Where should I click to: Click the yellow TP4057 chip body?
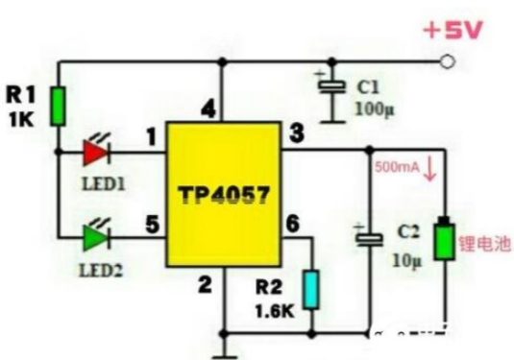[x=224, y=194]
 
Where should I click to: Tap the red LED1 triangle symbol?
[x=96, y=153]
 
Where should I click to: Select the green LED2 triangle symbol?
[x=96, y=237]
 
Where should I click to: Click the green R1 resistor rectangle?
[x=58, y=107]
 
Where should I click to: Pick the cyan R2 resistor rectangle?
[x=311, y=290]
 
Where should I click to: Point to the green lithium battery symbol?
[x=445, y=239]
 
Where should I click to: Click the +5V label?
[x=453, y=31]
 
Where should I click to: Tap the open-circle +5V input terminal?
[x=447, y=61]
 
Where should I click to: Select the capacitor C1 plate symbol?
[x=332, y=87]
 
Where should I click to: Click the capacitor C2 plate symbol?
[x=370, y=239]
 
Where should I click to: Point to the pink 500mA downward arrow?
[x=430, y=169]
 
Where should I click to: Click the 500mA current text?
[x=397, y=167]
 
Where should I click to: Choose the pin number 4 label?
[x=208, y=108]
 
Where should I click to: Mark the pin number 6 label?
[x=292, y=224]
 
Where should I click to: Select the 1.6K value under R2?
[x=275, y=311]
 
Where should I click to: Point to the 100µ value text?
[x=375, y=109]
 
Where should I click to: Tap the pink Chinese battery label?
[x=484, y=244]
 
